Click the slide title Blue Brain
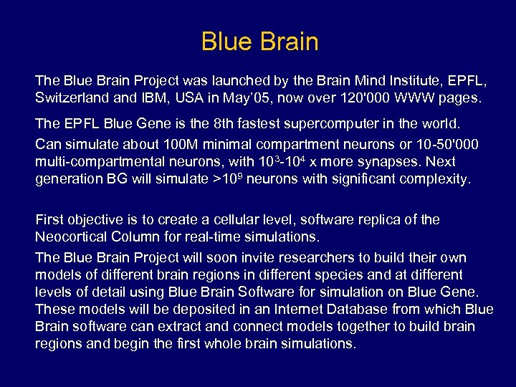pyautogui.click(x=259, y=42)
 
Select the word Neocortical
pyautogui.click(x=72, y=236)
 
